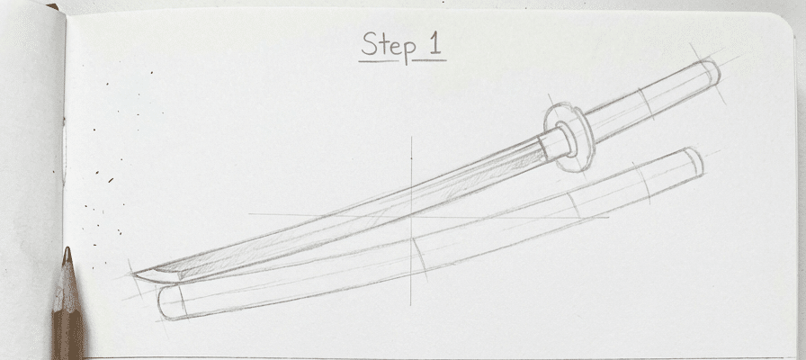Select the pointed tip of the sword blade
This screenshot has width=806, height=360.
click(x=135, y=271)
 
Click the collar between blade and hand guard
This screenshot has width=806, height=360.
click(x=555, y=143)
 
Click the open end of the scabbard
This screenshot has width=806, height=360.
click(x=693, y=161)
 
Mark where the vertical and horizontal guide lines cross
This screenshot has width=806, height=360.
click(x=411, y=216)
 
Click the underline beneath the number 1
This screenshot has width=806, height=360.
click(x=430, y=61)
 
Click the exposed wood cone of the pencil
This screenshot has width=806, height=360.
click(x=66, y=288)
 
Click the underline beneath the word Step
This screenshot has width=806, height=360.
click(x=379, y=61)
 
